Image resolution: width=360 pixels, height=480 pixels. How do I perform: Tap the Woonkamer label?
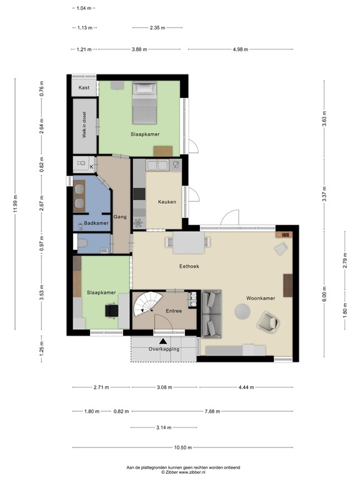[x=261, y=298]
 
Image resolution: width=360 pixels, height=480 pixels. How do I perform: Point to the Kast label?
[x=84, y=88]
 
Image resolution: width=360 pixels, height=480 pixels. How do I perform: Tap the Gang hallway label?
[x=121, y=217]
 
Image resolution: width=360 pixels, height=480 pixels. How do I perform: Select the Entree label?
[x=173, y=311]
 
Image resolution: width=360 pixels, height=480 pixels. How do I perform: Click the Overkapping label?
[x=164, y=349]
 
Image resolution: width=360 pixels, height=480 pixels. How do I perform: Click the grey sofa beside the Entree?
[x=211, y=312]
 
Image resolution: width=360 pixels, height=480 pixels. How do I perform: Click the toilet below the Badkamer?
[x=82, y=242]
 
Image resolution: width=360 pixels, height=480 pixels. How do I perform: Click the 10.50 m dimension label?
[x=182, y=447]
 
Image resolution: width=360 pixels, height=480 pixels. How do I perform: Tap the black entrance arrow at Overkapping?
[x=163, y=341]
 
